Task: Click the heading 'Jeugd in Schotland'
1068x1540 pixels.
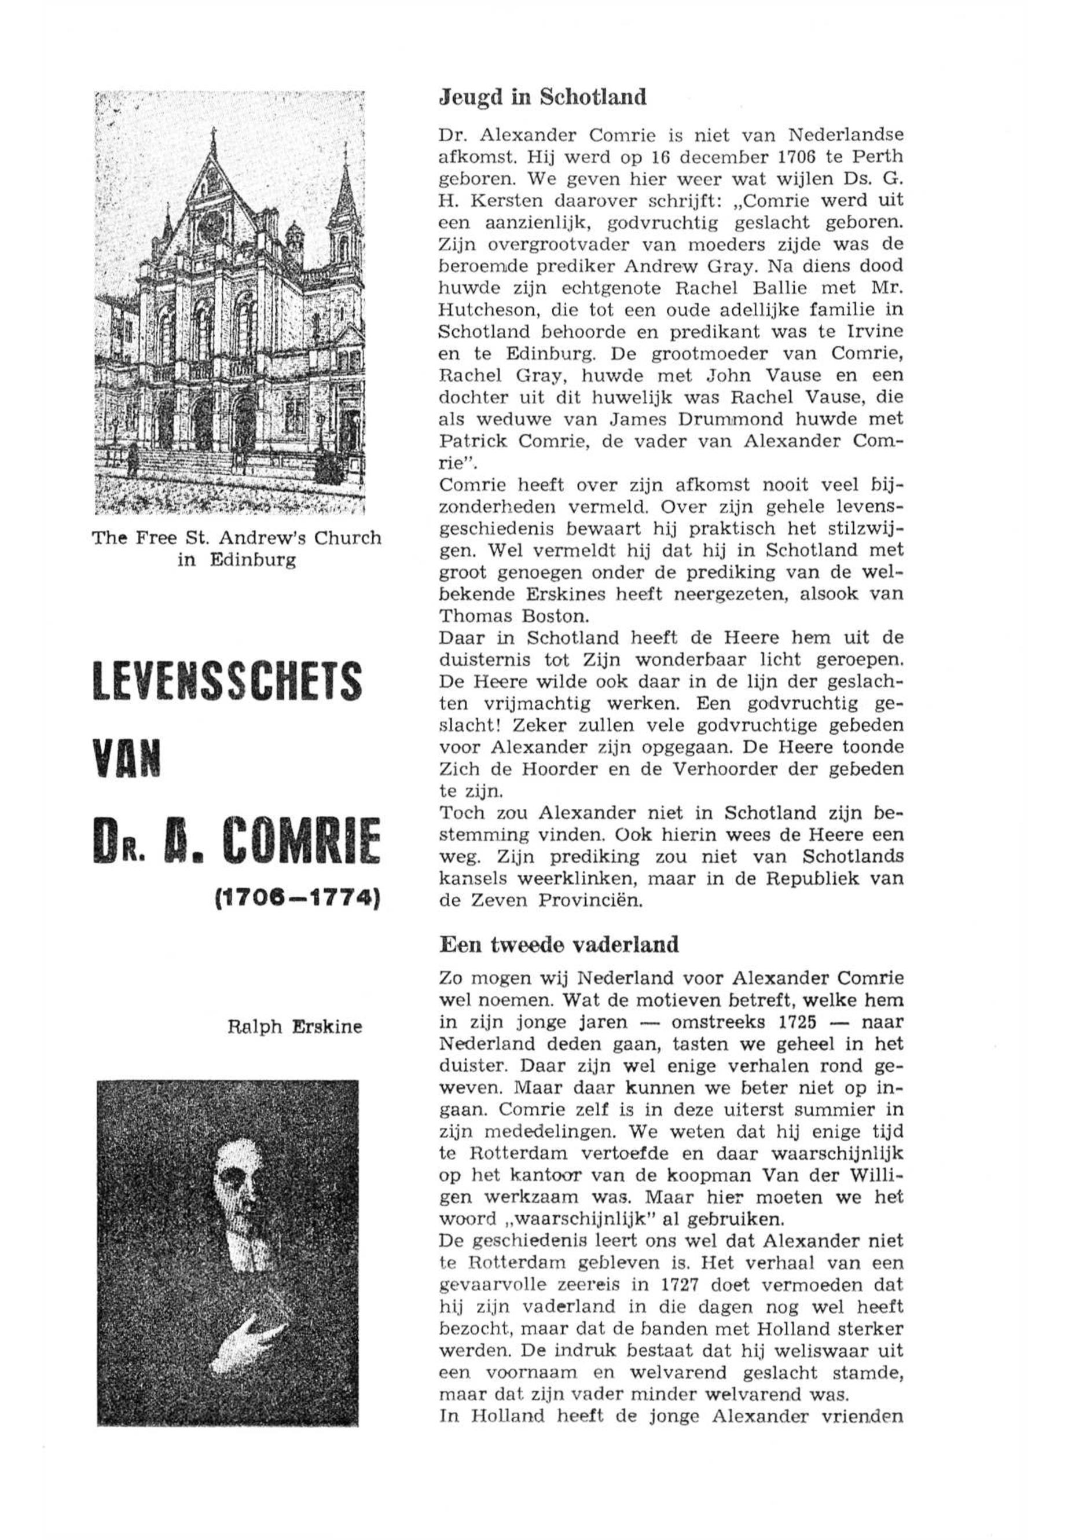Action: pyautogui.click(x=542, y=98)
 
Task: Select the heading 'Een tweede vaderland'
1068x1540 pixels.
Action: pyautogui.click(x=559, y=945)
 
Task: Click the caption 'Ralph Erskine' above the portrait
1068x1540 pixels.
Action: pyautogui.click(x=295, y=1026)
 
